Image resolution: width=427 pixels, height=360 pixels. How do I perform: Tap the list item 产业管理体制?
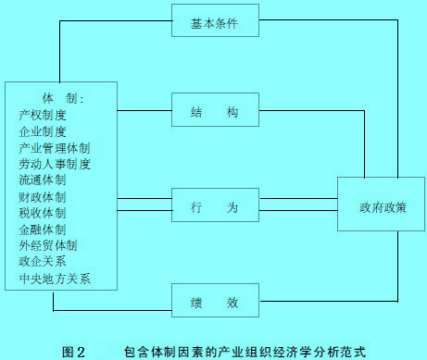(x=55, y=148)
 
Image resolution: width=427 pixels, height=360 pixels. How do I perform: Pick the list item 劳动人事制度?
(x=55, y=164)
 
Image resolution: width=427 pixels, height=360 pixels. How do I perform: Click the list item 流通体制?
(x=43, y=180)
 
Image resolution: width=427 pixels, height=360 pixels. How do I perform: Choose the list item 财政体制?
(x=43, y=197)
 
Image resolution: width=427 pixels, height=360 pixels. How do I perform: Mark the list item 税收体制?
(x=43, y=213)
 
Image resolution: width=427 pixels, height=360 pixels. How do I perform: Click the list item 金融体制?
(x=43, y=230)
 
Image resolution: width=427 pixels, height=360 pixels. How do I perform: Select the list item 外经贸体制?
(x=48, y=245)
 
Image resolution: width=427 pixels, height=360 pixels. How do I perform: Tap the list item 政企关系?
(x=43, y=262)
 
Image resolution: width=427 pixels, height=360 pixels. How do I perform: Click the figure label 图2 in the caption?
(x=73, y=351)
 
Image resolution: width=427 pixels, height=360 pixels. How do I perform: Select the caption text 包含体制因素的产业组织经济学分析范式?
(x=244, y=351)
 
